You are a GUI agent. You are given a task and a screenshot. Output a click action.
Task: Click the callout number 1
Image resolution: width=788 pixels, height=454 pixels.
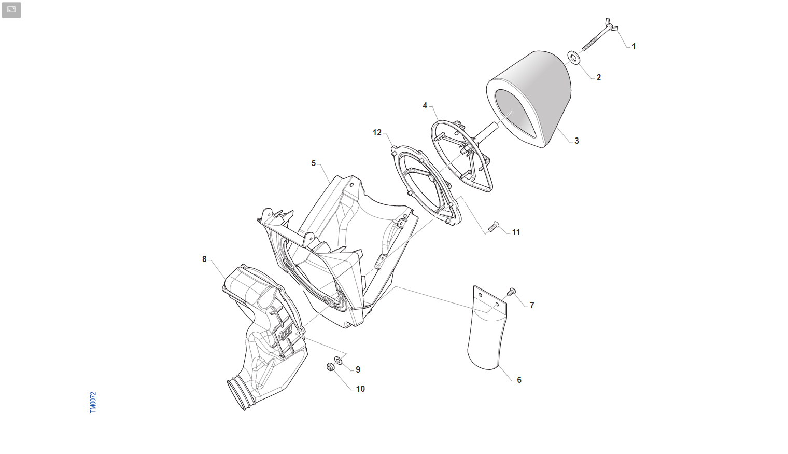pyautogui.click(x=634, y=47)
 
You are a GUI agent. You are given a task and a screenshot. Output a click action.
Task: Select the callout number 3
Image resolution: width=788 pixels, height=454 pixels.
pyautogui.click(x=576, y=141)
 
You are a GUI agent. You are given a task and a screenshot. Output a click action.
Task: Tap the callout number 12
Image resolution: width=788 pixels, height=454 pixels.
pyautogui.click(x=377, y=132)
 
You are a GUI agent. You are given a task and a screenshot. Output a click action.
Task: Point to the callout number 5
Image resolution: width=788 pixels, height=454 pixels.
pyautogui.click(x=314, y=163)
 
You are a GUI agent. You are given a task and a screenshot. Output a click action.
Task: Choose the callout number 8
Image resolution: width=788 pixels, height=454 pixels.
pyautogui.click(x=204, y=259)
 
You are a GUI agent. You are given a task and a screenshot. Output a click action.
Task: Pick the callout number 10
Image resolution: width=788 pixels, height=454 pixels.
pyautogui.click(x=360, y=389)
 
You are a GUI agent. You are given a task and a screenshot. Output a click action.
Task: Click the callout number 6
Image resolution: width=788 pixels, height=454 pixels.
pyautogui.click(x=519, y=380)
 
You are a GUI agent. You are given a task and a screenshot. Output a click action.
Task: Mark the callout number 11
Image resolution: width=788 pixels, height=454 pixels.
pyautogui.click(x=516, y=232)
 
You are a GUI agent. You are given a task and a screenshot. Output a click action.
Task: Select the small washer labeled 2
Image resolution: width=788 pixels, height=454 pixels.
pyautogui.click(x=574, y=58)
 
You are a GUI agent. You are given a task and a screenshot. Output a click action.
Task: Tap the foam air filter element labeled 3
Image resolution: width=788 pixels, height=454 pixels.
pyautogui.click(x=529, y=99)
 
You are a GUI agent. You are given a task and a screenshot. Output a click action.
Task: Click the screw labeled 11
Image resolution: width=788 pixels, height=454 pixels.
pyautogui.click(x=493, y=227)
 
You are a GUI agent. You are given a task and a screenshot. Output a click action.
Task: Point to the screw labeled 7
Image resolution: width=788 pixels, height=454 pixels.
pyautogui.click(x=511, y=292)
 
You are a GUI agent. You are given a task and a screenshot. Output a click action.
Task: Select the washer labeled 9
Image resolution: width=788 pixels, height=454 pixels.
pyautogui.click(x=339, y=360)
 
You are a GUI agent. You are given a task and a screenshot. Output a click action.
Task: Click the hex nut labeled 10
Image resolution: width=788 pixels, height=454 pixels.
pyautogui.click(x=330, y=367)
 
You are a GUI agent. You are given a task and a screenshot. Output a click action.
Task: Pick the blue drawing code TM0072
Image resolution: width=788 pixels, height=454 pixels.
pyautogui.click(x=93, y=402)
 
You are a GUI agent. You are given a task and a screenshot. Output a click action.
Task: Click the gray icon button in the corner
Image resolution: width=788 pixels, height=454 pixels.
pyautogui.click(x=11, y=10)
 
